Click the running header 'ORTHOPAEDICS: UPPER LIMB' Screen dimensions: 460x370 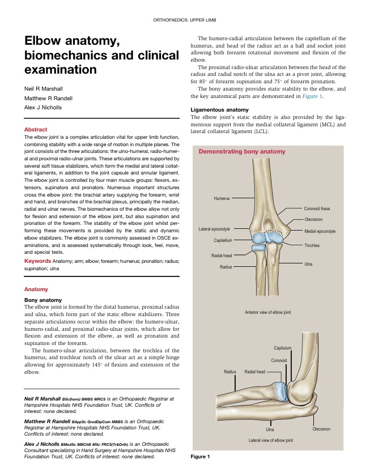pyautogui.click(x=185, y=20)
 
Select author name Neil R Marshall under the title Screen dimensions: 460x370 pyautogui.click(x=43, y=90)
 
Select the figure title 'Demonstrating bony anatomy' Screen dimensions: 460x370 pyautogui.click(x=242, y=152)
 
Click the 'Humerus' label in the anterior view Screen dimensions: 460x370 pyautogui.click(x=222, y=199)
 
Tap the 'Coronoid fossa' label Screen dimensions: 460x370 pyautogui.click(x=317, y=208)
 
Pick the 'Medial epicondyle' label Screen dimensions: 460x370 pyautogui.click(x=320, y=231)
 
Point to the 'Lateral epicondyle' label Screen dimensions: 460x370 pyautogui.click(x=214, y=229)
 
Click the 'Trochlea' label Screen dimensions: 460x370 pyautogui.click(x=312, y=245)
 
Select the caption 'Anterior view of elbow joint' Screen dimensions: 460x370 pyautogui.click(x=267, y=312)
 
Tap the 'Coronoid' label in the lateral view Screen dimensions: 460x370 pyautogui.click(x=279, y=360)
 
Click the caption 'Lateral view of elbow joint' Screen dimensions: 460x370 pyautogui.click(x=270, y=440)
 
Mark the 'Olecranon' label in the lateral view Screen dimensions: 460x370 pyautogui.click(x=321, y=429)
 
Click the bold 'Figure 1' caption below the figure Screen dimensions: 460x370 pyautogui.click(x=200, y=456)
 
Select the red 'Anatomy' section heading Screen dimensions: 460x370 pyautogui.click(x=36, y=289)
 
